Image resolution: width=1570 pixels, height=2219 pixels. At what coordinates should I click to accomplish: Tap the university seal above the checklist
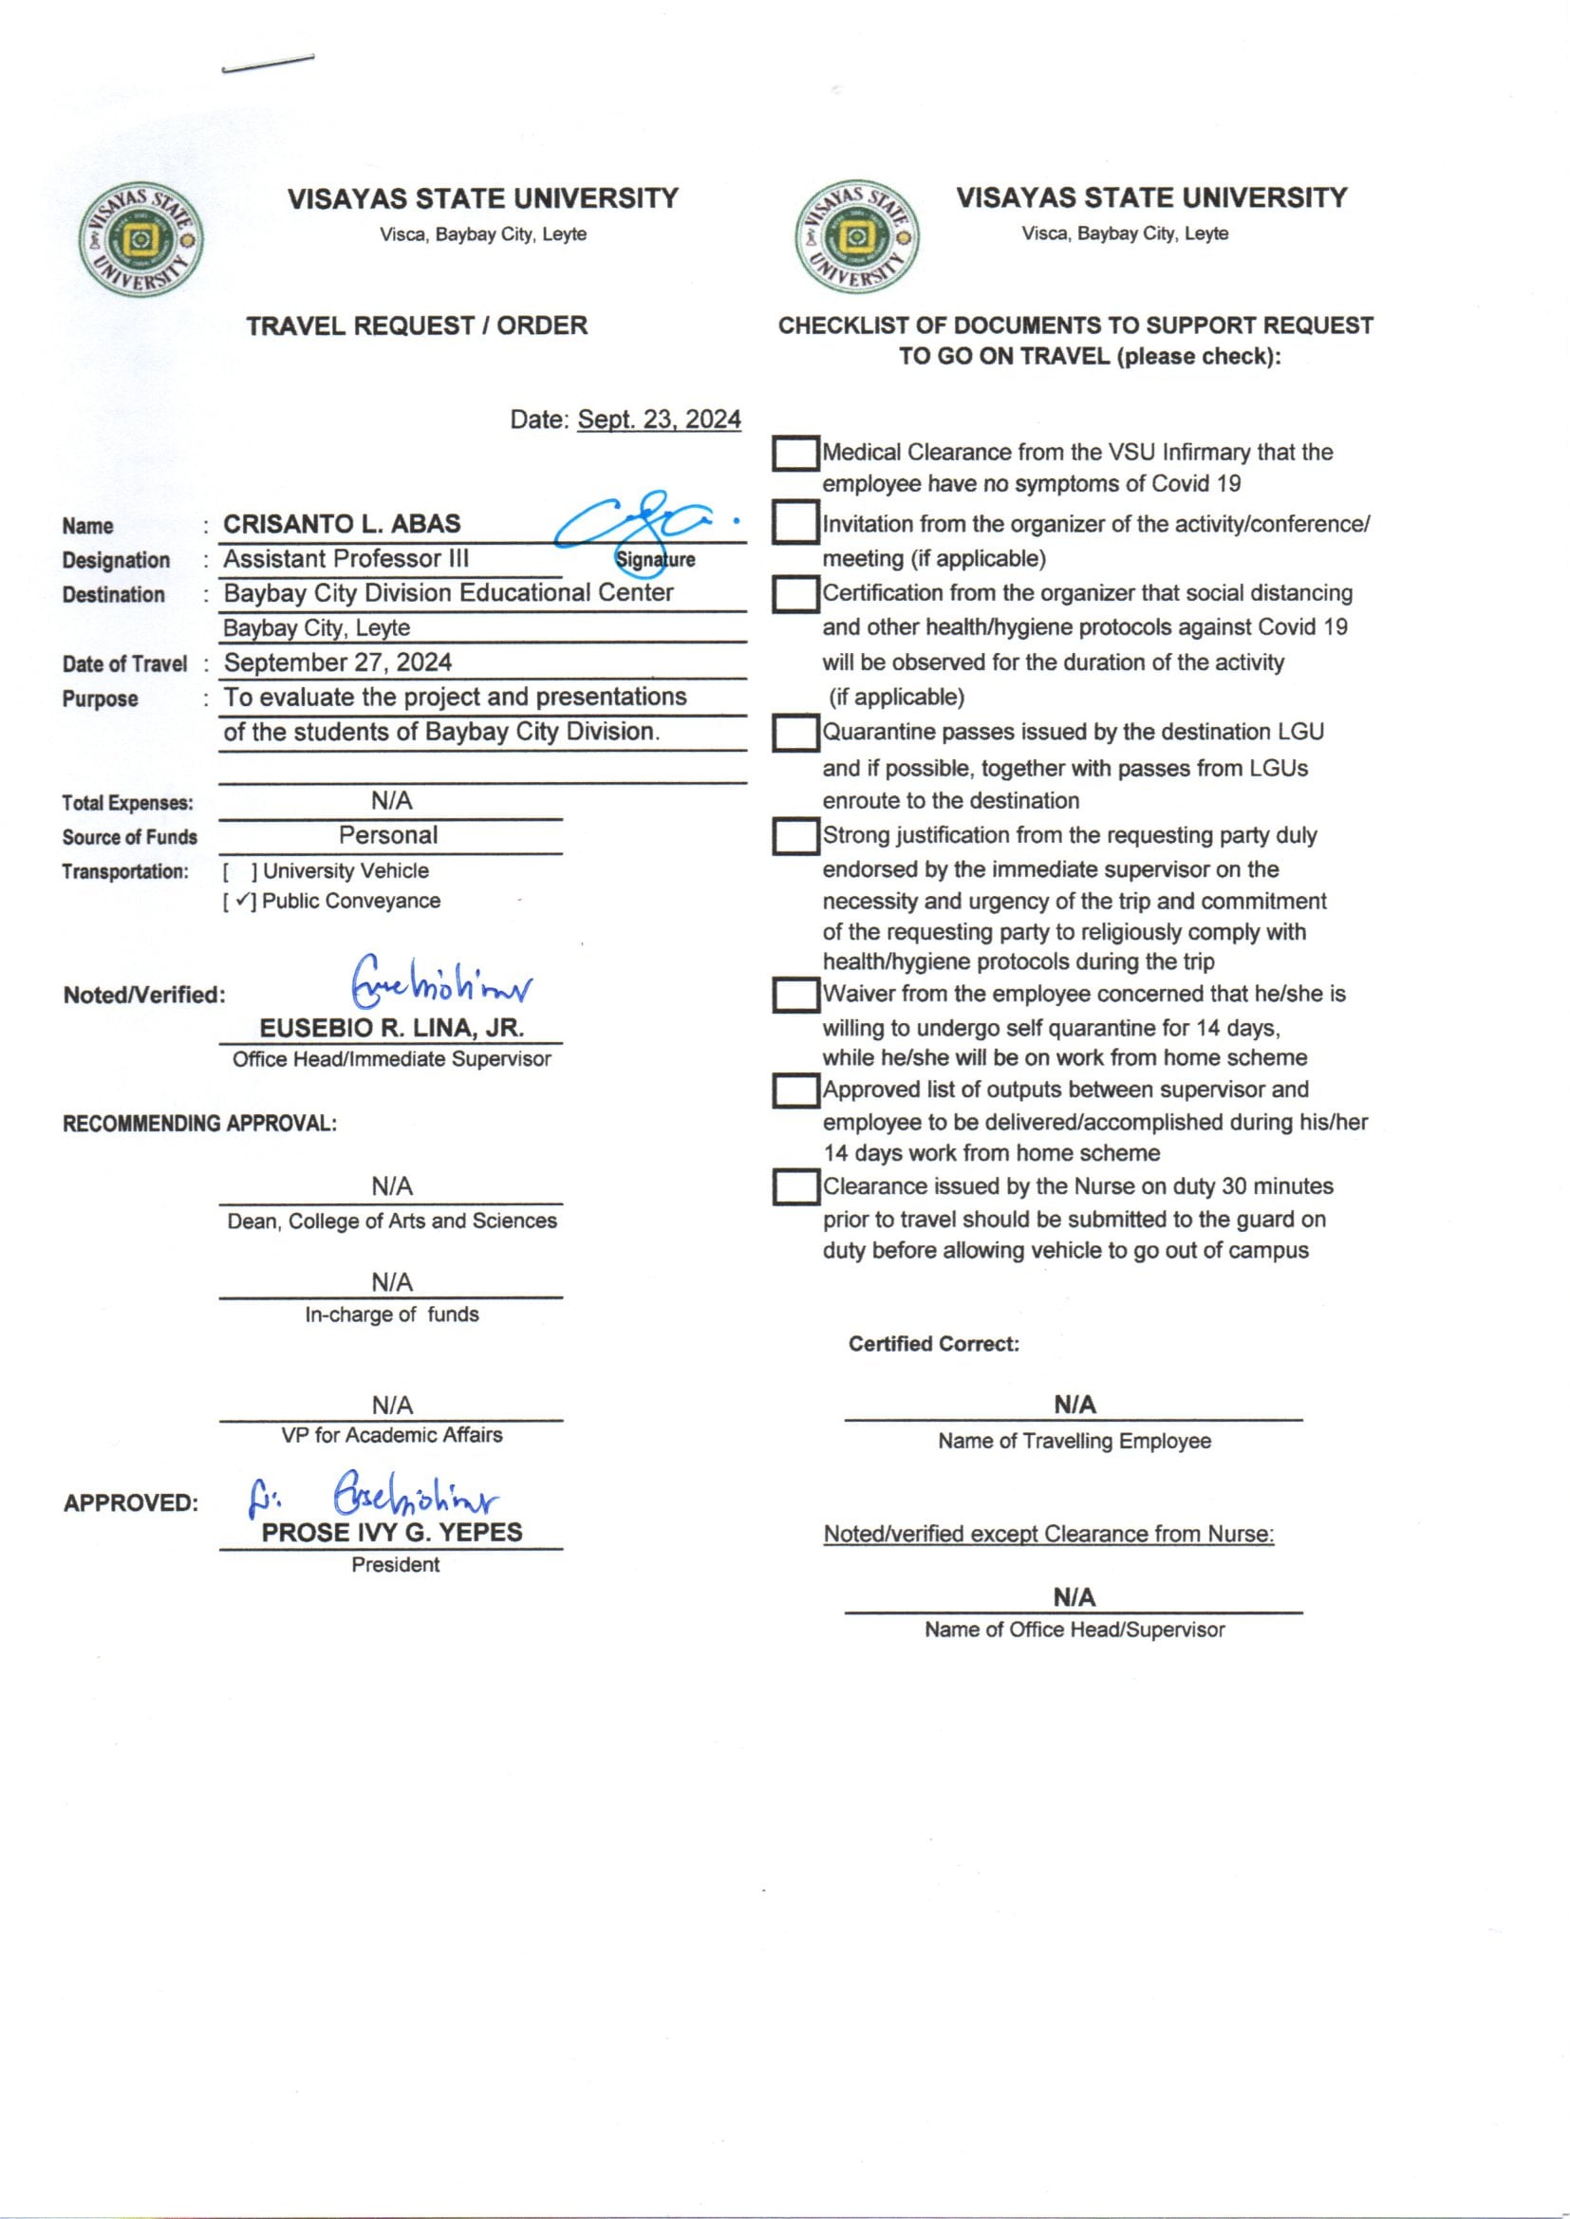[856, 236]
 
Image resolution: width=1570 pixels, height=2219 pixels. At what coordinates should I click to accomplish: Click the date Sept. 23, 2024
[659, 420]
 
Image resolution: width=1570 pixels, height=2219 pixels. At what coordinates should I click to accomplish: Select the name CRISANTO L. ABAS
[342, 524]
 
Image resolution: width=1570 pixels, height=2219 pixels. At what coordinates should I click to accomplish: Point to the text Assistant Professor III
[346, 559]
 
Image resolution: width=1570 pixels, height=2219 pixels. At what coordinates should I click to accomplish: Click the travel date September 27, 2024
[337, 662]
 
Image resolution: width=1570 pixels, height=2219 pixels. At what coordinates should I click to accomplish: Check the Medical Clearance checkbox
[795, 454]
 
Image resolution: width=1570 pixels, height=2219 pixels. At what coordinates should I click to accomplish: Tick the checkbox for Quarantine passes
[795, 733]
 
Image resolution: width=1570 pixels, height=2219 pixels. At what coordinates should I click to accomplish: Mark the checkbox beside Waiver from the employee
[795, 995]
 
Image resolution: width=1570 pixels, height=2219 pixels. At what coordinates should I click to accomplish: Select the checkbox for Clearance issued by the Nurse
[795, 1186]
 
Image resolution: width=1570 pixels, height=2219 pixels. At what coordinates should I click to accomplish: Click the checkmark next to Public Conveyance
[241, 901]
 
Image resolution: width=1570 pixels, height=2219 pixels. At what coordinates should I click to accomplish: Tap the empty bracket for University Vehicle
[241, 870]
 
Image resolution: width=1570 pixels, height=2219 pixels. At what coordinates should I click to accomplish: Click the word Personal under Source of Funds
[387, 835]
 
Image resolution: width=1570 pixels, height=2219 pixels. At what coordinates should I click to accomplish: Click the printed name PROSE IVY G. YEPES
[391, 1532]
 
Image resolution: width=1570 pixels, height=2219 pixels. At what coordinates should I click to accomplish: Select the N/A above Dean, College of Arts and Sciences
[391, 1185]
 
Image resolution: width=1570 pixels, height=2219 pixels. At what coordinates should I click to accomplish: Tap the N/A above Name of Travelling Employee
[1075, 1405]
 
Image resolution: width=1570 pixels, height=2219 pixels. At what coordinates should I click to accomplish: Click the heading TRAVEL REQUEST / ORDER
[417, 326]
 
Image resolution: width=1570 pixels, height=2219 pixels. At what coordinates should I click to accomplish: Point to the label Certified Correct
[933, 1343]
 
